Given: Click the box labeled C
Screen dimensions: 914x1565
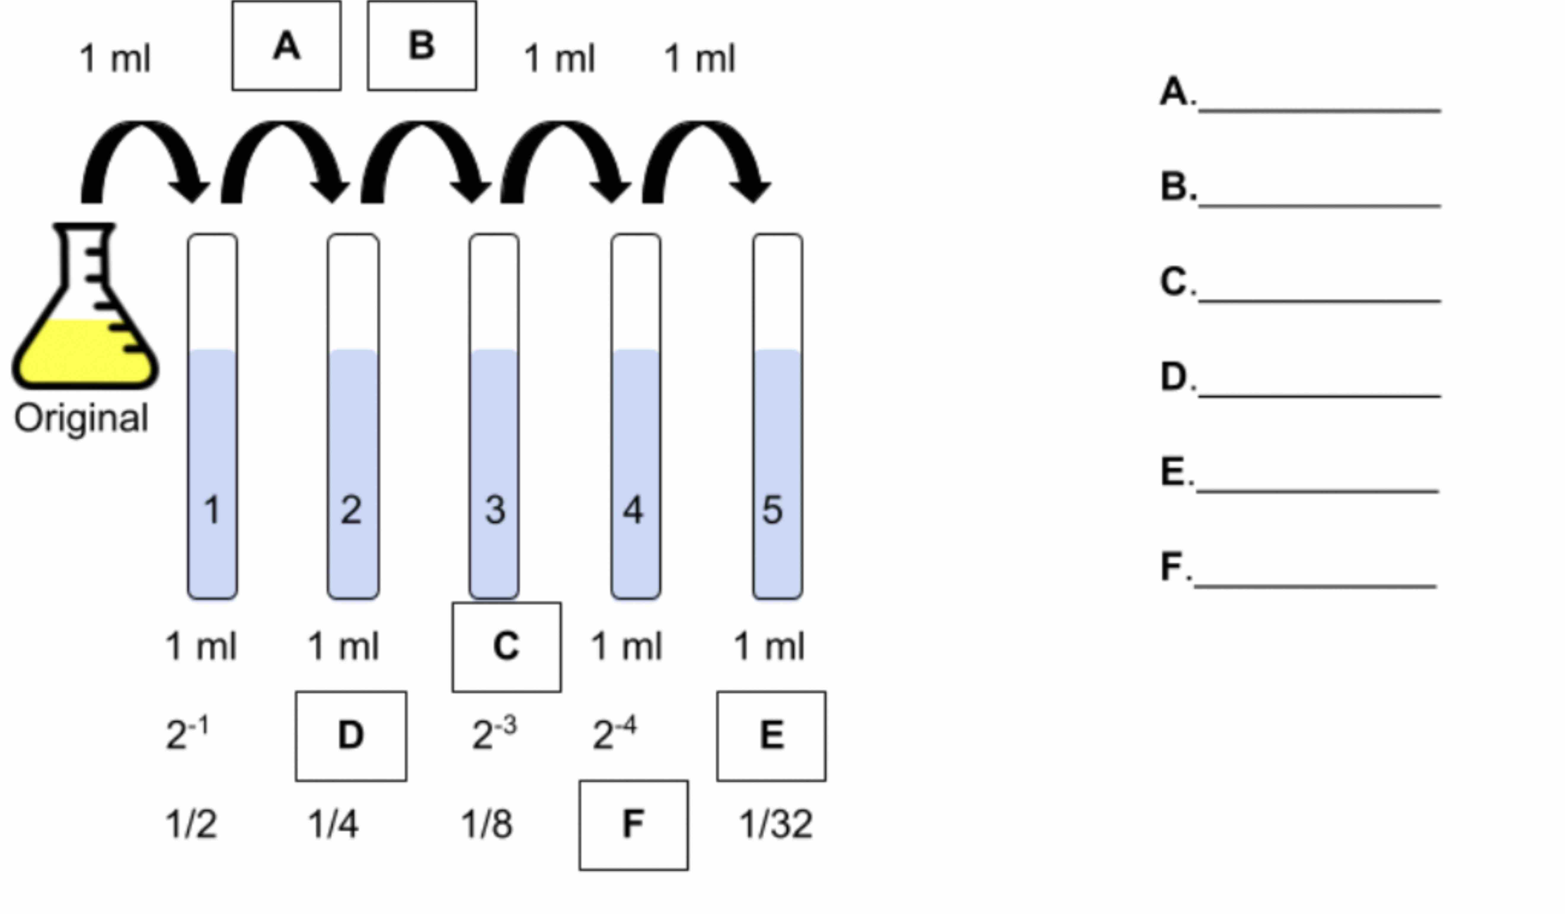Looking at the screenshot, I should [x=506, y=646].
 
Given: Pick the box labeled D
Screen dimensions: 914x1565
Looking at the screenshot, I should [x=351, y=736].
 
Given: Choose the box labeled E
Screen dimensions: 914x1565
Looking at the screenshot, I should [x=771, y=736].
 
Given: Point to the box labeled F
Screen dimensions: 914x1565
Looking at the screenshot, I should [x=633, y=824].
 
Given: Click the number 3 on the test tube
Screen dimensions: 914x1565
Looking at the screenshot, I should [x=495, y=510].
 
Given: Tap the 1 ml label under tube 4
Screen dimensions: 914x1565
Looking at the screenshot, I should [x=626, y=646].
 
